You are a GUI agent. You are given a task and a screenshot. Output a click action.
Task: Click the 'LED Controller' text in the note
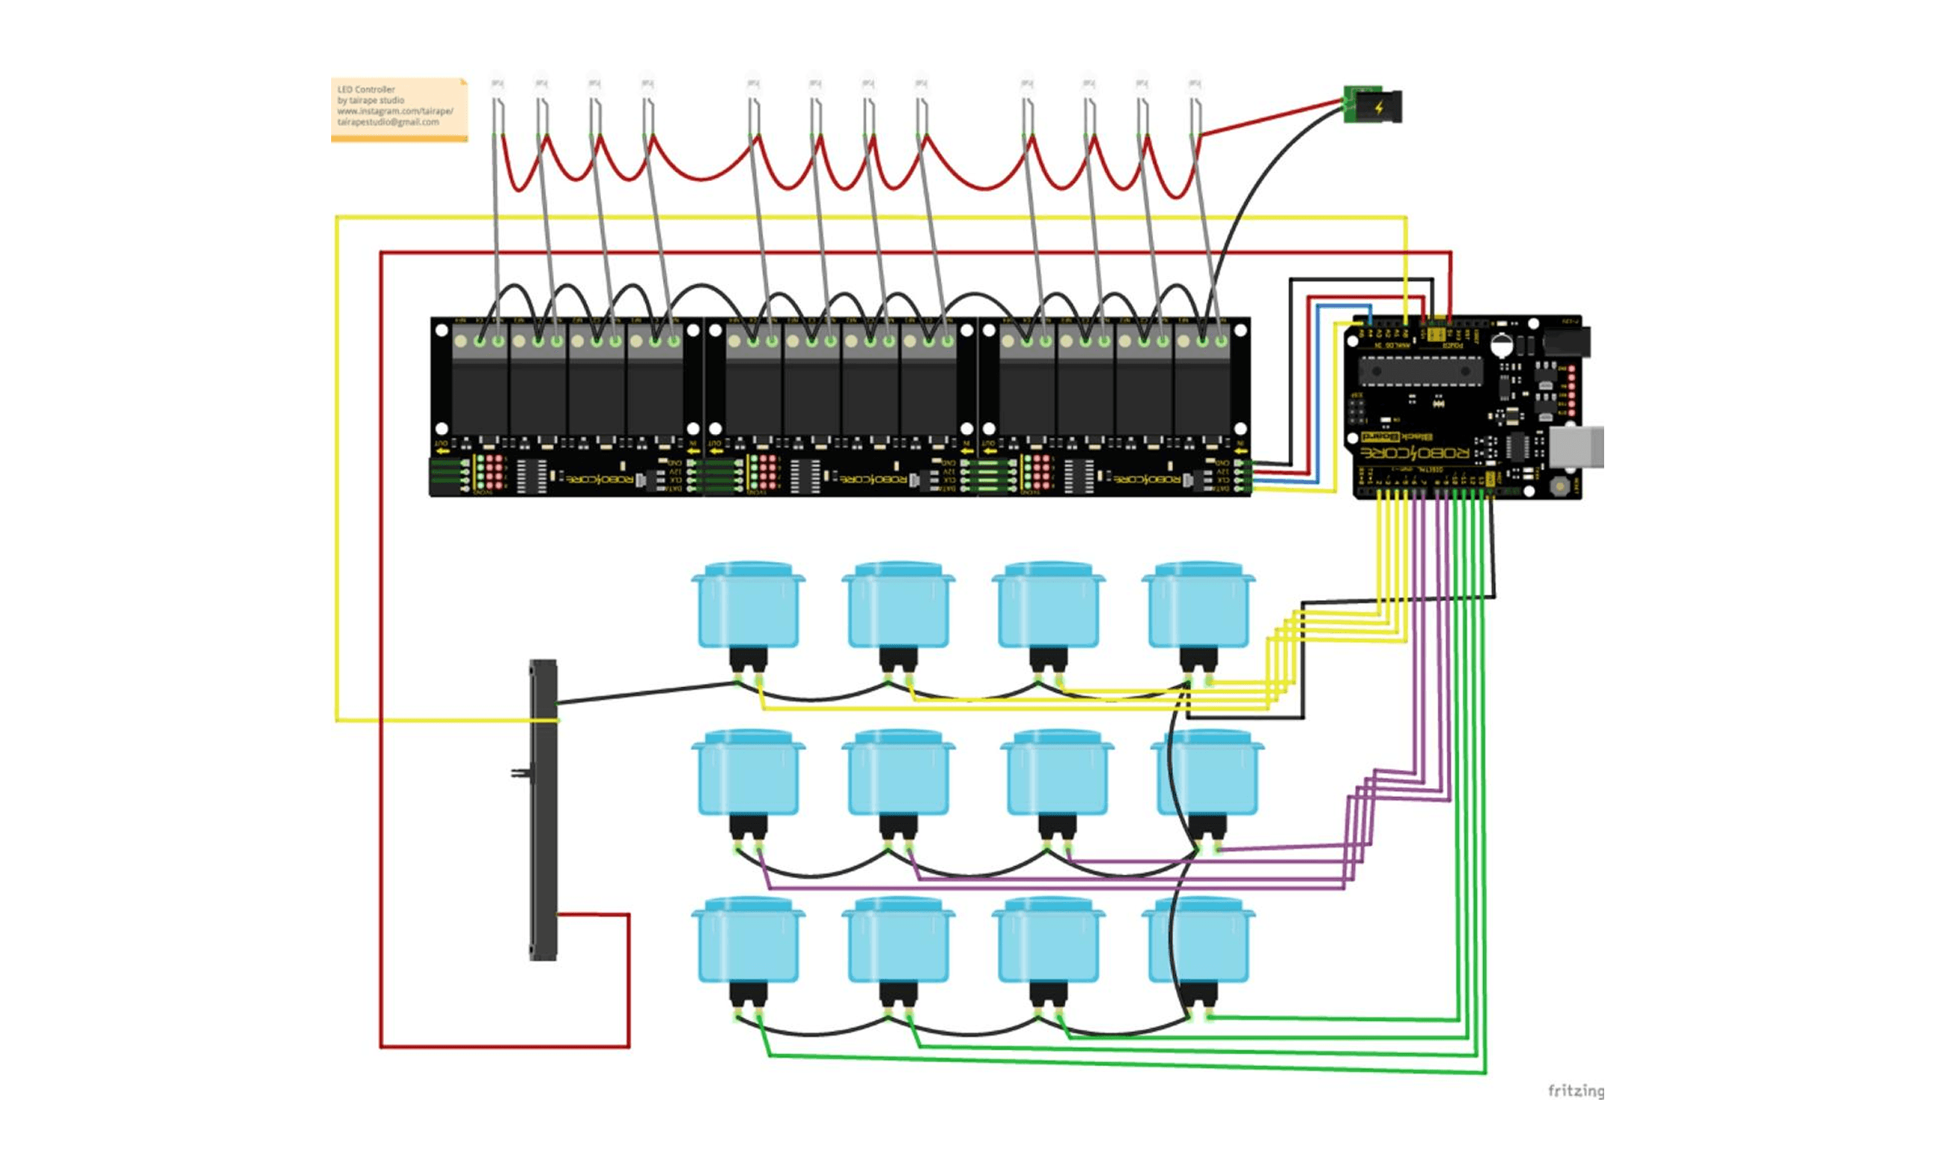tap(366, 89)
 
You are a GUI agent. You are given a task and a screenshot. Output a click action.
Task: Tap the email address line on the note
tap(388, 122)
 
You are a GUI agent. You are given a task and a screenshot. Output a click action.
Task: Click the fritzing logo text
tap(1575, 1091)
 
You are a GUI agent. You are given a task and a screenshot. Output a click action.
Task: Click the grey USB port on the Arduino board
tap(1575, 447)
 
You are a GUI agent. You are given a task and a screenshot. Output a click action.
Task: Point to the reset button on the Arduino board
tap(1559, 486)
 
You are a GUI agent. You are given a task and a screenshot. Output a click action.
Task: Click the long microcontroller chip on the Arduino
tap(1420, 371)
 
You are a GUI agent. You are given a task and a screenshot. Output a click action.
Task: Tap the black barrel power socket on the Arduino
tap(1566, 341)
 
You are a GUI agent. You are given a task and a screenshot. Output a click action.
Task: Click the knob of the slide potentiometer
tap(519, 773)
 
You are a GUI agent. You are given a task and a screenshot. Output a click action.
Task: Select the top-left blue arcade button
tap(748, 605)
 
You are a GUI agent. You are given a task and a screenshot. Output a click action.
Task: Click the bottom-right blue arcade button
tap(1198, 940)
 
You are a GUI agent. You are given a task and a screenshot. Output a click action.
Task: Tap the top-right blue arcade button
tap(1198, 605)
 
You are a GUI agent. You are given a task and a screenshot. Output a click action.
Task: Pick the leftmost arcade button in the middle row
tap(748, 773)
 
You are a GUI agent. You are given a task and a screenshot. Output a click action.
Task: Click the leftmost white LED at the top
tap(497, 83)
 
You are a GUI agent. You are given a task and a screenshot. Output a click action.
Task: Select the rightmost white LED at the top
tap(1193, 83)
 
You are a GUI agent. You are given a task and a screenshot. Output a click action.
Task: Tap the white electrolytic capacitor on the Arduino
tap(1501, 345)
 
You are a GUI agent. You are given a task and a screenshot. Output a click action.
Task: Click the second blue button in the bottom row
tap(898, 940)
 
